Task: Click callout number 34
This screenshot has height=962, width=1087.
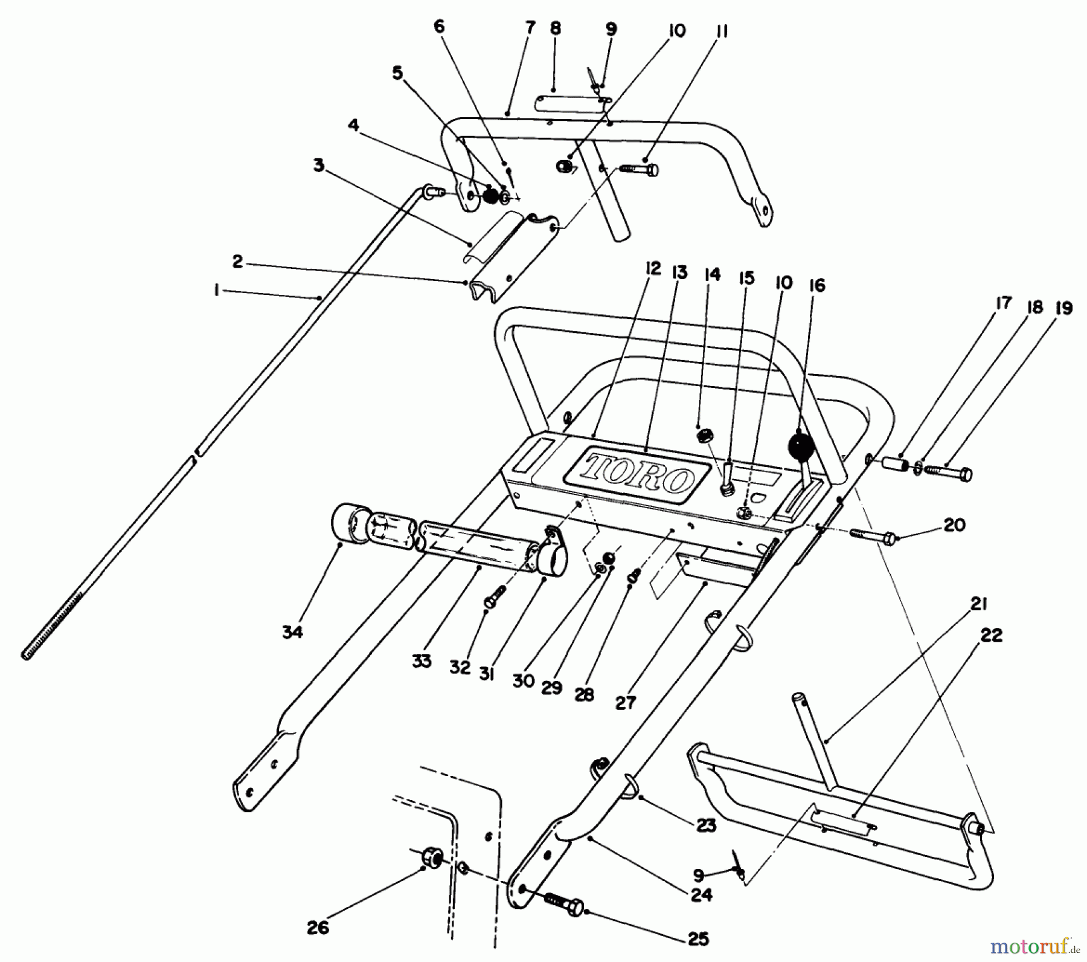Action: (x=292, y=632)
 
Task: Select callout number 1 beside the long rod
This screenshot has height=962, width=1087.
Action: (x=216, y=291)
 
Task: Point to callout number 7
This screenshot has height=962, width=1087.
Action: (x=531, y=27)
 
